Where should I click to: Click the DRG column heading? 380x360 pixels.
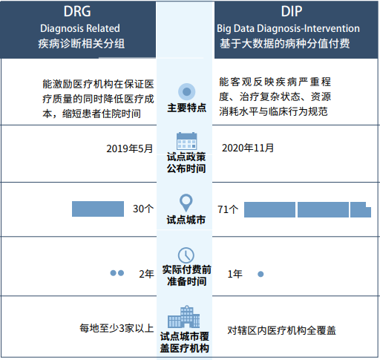pyautogui.click(x=82, y=12)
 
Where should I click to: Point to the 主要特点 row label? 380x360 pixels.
pyautogui.click(x=186, y=108)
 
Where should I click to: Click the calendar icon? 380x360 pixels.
pyautogui.click(x=186, y=140)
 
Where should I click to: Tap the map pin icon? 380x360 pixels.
pyautogui.click(x=186, y=203)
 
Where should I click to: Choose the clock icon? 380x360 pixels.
pyautogui.click(x=186, y=255)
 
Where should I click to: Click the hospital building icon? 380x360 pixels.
pyautogui.click(x=186, y=318)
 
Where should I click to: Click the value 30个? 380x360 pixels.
pyautogui.click(x=142, y=209)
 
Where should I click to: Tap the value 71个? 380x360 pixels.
pyautogui.click(x=228, y=209)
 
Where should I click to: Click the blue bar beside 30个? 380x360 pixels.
pyautogui.click(x=98, y=209)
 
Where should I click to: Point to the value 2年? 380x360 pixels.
pyautogui.click(x=146, y=274)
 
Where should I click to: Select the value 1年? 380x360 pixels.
pyautogui.click(x=235, y=274)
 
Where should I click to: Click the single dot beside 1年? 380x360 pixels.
pyautogui.click(x=261, y=274)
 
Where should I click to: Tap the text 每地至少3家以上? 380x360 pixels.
pyautogui.click(x=117, y=328)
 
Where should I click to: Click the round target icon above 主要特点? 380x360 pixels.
pyautogui.click(x=187, y=91)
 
